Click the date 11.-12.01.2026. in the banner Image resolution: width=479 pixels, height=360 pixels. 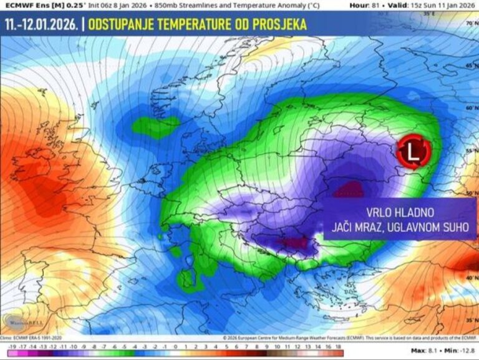(42, 26)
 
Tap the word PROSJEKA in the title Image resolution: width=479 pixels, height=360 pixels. (281, 26)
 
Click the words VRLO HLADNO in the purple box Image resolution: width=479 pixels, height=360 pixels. (399, 212)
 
